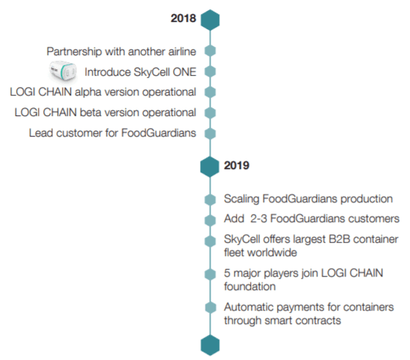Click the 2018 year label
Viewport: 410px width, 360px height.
point(183,18)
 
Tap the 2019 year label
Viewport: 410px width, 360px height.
point(237,166)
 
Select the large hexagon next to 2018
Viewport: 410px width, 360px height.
point(210,20)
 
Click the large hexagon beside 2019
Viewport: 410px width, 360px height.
point(210,167)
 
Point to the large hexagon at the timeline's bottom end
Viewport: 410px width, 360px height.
point(210,345)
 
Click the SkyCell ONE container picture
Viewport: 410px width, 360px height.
point(63,71)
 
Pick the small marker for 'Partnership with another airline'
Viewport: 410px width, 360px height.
point(210,51)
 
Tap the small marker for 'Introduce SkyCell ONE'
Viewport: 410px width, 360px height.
point(210,71)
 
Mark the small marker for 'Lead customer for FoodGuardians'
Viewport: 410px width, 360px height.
point(210,134)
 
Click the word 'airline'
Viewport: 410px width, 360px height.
point(182,52)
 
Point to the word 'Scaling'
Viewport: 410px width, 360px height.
point(241,199)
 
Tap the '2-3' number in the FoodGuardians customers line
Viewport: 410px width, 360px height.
point(258,219)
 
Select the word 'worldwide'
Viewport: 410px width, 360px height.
point(272,252)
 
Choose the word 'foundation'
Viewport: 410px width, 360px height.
point(250,286)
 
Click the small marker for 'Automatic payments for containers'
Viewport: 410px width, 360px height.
point(211,308)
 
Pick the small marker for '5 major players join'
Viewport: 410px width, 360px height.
point(210,274)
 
